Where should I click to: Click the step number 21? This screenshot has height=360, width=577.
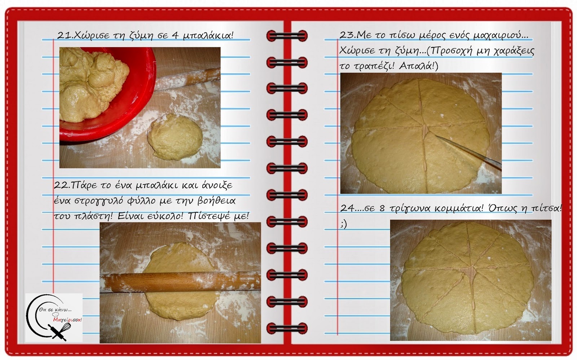point(63,35)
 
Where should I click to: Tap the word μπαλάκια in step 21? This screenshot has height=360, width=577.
point(208,36)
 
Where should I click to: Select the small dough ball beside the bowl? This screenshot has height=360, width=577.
point(175,137)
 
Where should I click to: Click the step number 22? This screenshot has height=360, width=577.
point(61,185)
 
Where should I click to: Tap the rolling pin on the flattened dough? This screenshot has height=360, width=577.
point(180,283)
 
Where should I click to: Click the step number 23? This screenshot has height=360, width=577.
point(347,35)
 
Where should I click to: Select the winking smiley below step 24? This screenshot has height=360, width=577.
point(344,225)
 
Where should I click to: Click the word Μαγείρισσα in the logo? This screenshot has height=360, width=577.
point(67,320)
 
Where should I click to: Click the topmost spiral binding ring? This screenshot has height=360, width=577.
point(287,36)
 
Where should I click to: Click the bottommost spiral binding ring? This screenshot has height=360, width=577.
point(287,328)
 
